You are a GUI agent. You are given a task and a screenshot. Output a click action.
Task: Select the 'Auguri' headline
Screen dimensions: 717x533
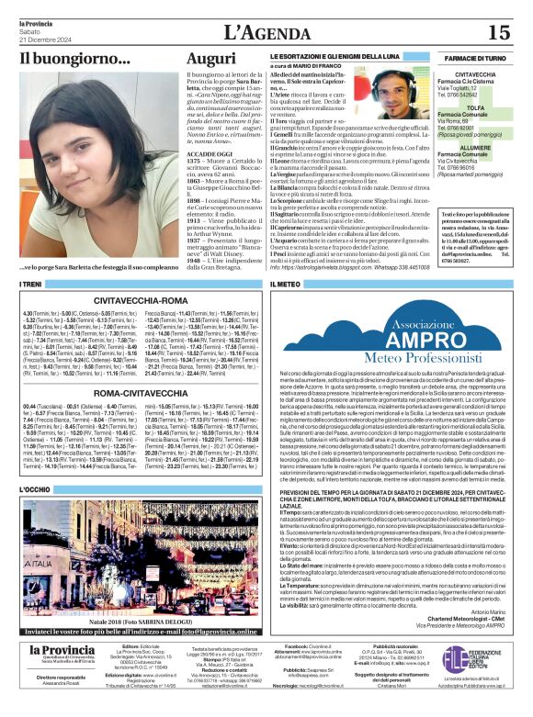pos(210,60)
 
